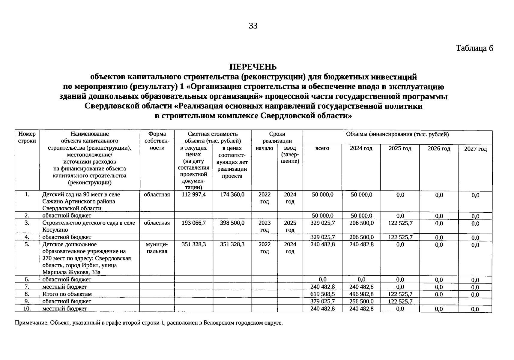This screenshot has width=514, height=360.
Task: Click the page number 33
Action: click(253, 26)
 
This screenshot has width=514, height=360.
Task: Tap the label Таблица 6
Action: click(474, 48)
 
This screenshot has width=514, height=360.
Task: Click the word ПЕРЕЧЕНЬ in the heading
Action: click(253, 67)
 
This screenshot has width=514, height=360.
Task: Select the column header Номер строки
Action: click(27, 137)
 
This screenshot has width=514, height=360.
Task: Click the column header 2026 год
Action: click(439, 149)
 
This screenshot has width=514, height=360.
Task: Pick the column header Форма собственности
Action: click(157, 141)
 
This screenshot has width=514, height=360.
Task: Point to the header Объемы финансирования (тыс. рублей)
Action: click(397, 134)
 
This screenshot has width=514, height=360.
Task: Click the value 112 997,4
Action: click(194, 194)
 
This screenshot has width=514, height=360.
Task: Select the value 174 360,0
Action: click(232, 194)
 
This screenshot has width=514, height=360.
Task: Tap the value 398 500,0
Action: click(232, 223)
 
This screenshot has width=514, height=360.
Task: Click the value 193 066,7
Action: click(194, 223)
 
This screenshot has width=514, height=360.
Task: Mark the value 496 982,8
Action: click(361, 294)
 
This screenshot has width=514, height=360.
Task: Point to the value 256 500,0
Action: click(361, 301)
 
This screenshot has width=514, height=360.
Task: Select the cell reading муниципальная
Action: click(157, 248)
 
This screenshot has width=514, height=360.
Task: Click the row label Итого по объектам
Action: click(67, 294)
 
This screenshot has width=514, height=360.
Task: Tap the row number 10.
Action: click(27, 308)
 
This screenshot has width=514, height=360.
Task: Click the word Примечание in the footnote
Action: click(31, 323)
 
